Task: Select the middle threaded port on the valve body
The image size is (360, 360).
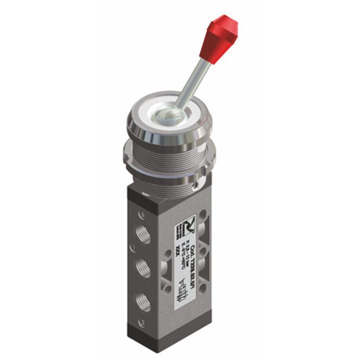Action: pos(144,267)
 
